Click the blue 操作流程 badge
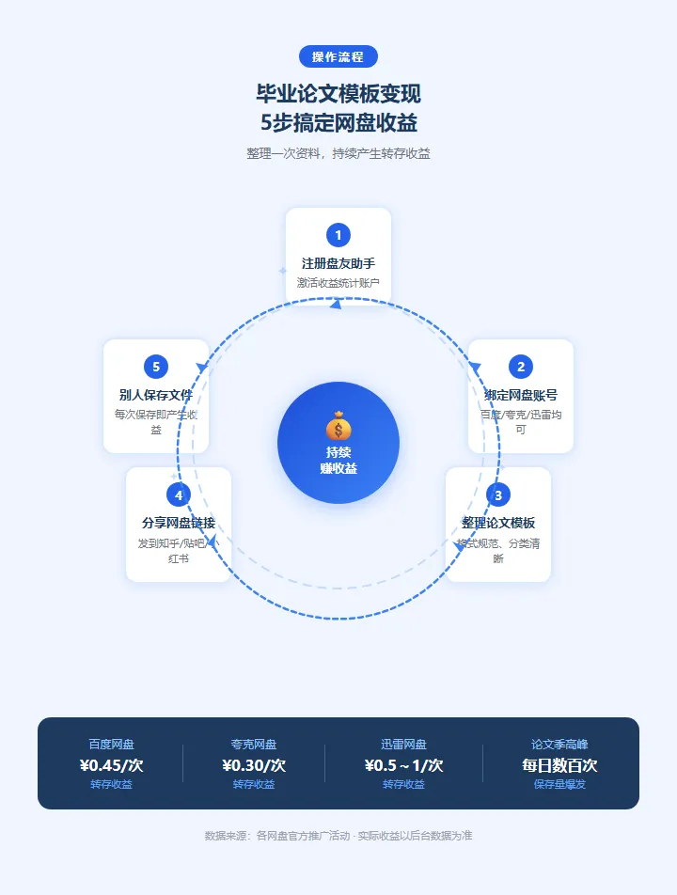pyautogui.click(x=338, y=56)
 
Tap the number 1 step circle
pyautogui.click(x=338, y=235)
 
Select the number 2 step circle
pyautogui.click(x=521, y=367)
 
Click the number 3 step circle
pyautogui.click(x=498, y=495)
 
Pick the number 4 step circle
pyautogui.click(x=179, y=495)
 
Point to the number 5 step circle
pyautogui.click(x=156, y=367)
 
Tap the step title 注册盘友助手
pyautogui.click(x=338, y=263)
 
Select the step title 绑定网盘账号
pyautogui.click(x=521, y=395)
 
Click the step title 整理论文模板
pyautogui.click(x=498, y=523)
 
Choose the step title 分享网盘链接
pyautogui.click(x=179, y=523)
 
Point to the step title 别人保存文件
pyautogui.click(x=156, y=395)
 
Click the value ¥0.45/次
pyautogui.click(x=112, y=765)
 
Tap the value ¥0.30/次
pyautogui.click(x=254, y=765)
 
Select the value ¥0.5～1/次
pyautogui.click(x=403, y=765)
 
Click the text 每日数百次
pyautogui.click(x=559, y=765)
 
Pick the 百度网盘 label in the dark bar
pyautogui.click(x=112, y=745)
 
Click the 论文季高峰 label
pyautogui.click(x=559, y=745)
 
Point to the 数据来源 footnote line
pyautogui.click(x=338, y=836)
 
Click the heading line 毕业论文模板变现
pyautogui.click(x=338, y=94)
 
